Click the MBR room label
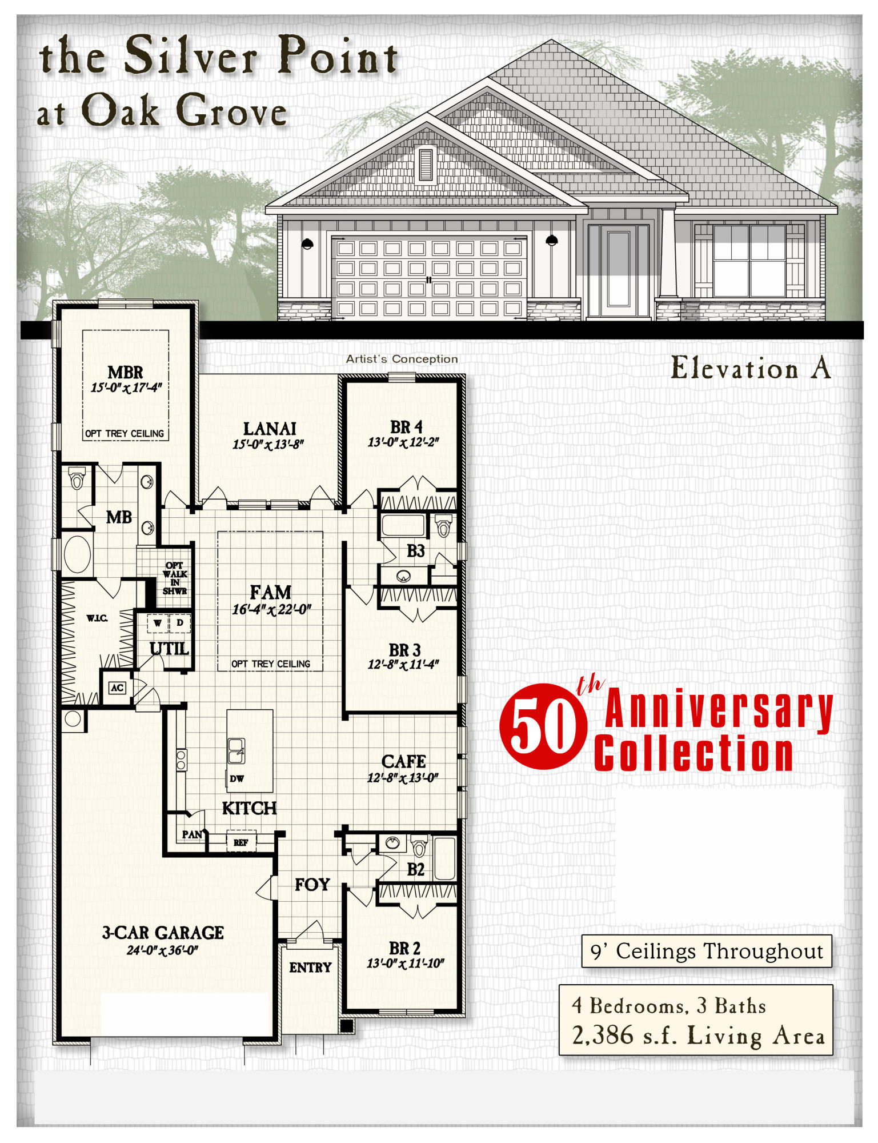[x=125, y=372]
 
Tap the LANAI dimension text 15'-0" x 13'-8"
[x=268, y=444]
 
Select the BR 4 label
[x=406, y=427]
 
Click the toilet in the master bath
[x=77, y=478]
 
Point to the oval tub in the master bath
[x=77, y=554]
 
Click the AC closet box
[x=117, y=688]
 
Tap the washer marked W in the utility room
[x=157, y=623]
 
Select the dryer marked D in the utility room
[x=179, y=623]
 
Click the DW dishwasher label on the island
[x=236, y=778]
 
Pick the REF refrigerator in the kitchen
[x=241, y=842]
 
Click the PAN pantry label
[x=192, y=834]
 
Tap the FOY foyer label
[x=312, y=885]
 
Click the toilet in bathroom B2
[x=419, y=846]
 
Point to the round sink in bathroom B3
[x=403, y=576]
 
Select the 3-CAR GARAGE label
[x=163, y=933]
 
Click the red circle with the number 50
[x=543, y=726]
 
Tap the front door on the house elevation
[x=618, y=269]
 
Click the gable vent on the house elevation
[x=426, y=165]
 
